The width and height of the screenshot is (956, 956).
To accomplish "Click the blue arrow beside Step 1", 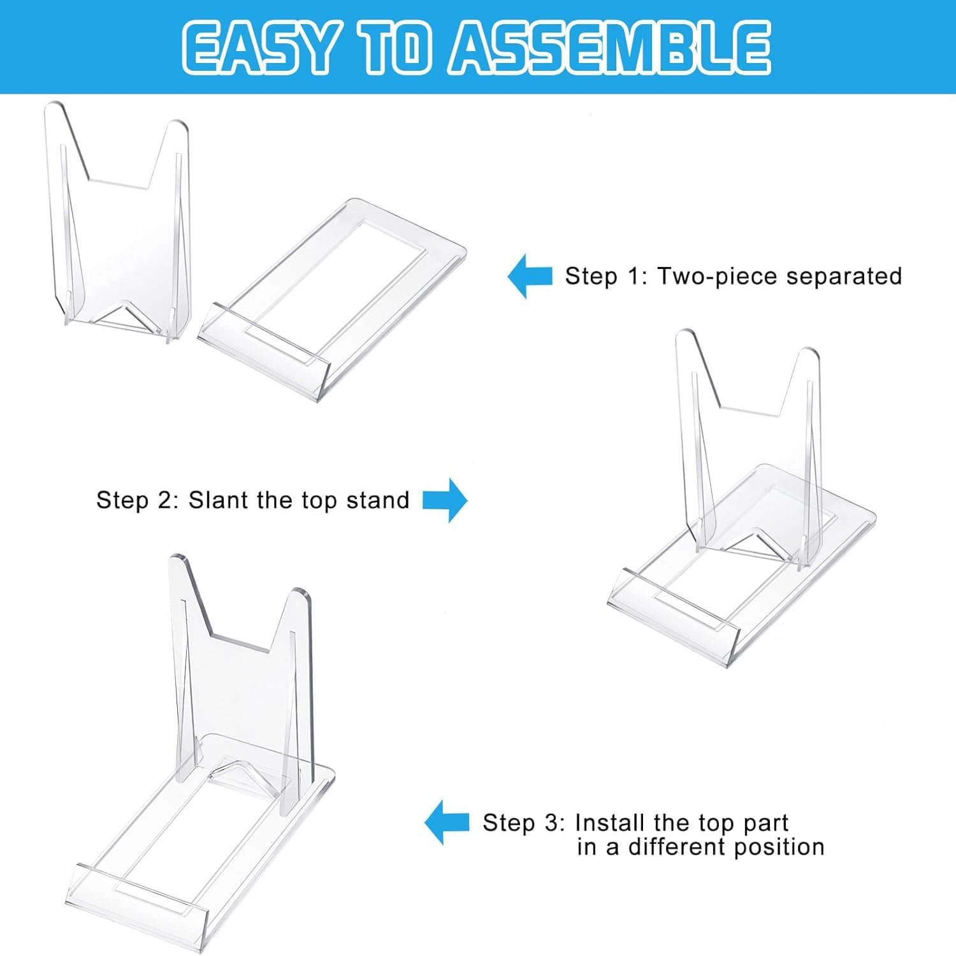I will pyautogui.click(x=529, y=276).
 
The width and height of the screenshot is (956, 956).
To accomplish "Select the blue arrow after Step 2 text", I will pyautogui.click(x=445, y=500).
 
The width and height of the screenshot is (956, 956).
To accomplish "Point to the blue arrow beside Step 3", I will pyautogui.click(x=447, y=823).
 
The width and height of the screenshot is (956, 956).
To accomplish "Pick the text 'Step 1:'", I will pyautogui.click(x=606, y=277).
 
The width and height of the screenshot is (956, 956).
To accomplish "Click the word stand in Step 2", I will pyautogui.click(x=377, y=500).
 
